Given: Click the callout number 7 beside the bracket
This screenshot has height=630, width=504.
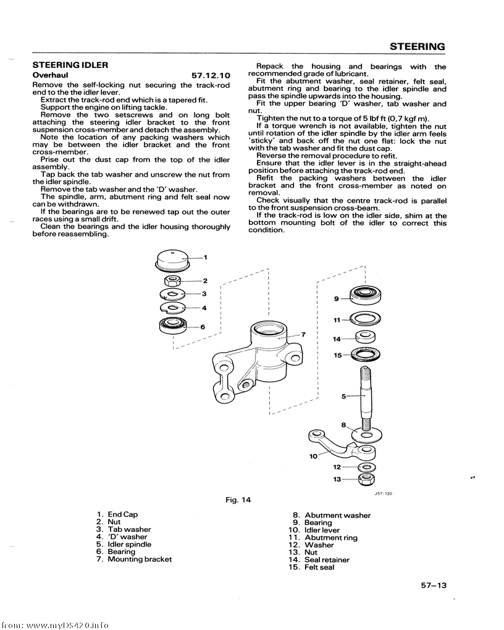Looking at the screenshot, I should coord(303,335).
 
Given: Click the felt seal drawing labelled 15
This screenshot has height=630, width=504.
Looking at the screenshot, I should coord(365,355).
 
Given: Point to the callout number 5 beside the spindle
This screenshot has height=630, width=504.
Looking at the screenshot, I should coord(344,397).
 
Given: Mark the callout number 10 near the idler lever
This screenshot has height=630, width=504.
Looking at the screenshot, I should coord(313,456).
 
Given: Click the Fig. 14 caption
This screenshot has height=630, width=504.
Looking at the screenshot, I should coord(239,500).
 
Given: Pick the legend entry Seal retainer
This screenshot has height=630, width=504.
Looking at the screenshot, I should coord(327,560).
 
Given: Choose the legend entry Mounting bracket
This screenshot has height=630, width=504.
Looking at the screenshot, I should coord(140,559).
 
